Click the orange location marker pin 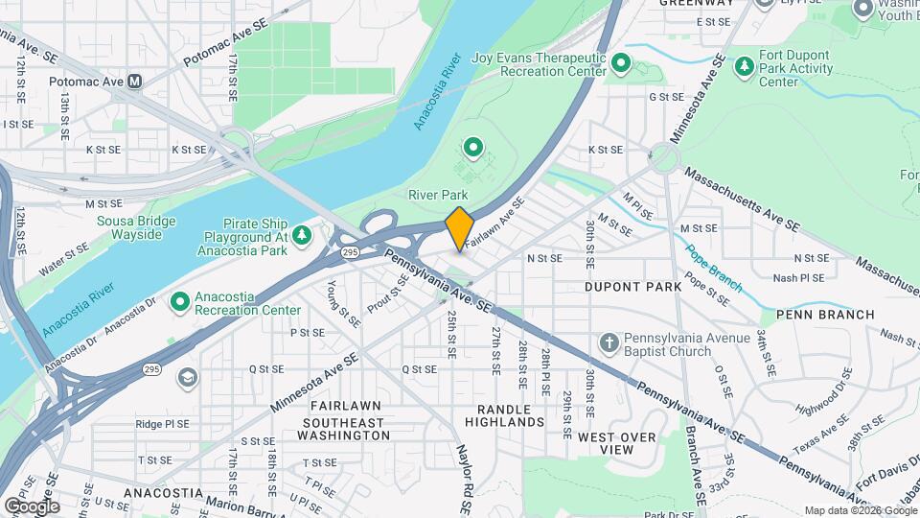click(459, 228)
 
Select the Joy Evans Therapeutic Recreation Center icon click(621, 64)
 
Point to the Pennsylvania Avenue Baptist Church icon click(609, 343)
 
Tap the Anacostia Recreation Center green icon click(179, 303)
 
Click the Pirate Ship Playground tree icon click(302, 235)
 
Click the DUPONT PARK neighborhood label click(632, 286)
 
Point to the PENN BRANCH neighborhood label click(825, 314)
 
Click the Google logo click(31, 506)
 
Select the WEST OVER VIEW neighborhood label click(617, 442)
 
